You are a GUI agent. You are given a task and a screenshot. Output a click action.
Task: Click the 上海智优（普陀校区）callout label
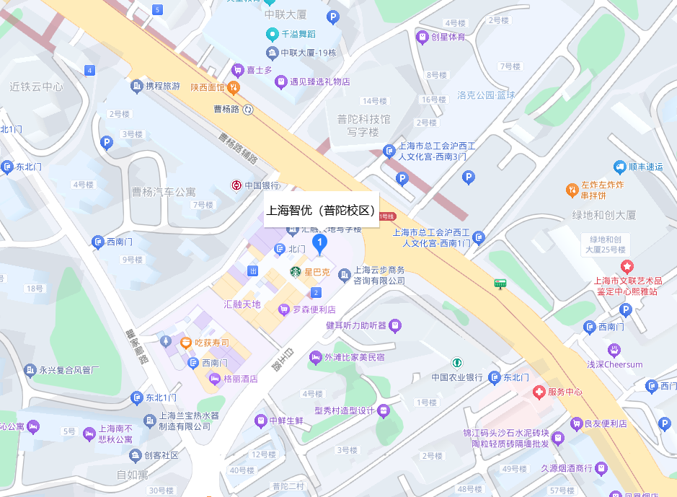pyautogui.click(x=321, y=211)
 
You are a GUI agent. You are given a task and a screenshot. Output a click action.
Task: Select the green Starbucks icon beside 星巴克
pyautogui.click(x=295, y=272)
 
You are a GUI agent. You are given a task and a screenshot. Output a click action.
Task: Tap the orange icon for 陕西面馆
pyautogui.click(x=234, y=87)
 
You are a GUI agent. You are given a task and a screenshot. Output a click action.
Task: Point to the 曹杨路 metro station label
pyautogui.click(x=226, y=110)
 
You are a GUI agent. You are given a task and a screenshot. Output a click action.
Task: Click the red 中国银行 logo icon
pyautogui.click(x=236, y=185)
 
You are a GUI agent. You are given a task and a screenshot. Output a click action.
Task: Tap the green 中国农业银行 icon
pyautogui.click(x=456, y=362)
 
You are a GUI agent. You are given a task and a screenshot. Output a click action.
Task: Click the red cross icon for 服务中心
pyautogui.click(x=539, y=392)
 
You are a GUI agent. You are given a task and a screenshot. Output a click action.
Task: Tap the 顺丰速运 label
pyautogui.click(x=645, y=167)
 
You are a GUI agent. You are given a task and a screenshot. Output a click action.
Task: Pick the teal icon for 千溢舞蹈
pyautogui.click(x=272, y=33)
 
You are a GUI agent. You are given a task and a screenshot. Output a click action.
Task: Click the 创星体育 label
pyautogui.click(x=448, y=37)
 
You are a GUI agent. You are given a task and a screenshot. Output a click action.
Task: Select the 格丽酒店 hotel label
pyautogui.click(x=240, y=379)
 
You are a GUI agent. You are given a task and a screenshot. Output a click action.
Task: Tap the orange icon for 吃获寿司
pyautogui.click(x=186, y=343)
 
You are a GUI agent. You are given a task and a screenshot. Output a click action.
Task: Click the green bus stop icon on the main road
pyautogui.click(x=500, y=283)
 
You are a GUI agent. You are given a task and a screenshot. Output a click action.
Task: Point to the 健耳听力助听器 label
pyautogui.click(x=356, y=325)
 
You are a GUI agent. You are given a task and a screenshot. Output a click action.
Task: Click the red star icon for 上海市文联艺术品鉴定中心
pyautogui.click(x=626, y=267)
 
